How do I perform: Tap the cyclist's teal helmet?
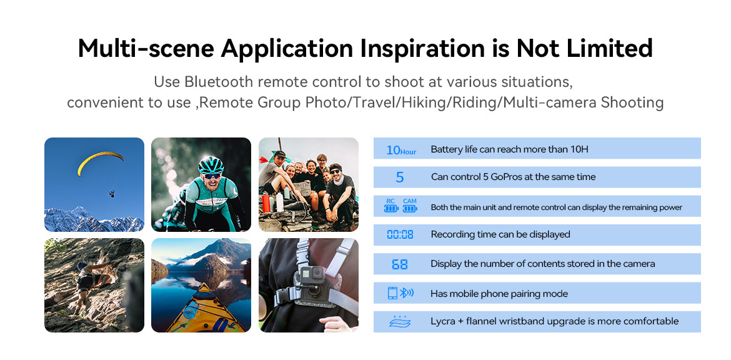(x=211, y=165)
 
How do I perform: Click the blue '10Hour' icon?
(x=401, y=150)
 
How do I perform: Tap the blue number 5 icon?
(x=399, y=177)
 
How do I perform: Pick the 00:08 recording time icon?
(x=400, y=234)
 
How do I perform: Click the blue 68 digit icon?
(x=399, y=264)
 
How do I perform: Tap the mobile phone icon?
(x=392, y=293)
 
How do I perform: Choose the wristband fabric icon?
(x=400, y=322)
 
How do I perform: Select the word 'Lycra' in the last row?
(x=443, y=321)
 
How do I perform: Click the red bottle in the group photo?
(x=266, y=202)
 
